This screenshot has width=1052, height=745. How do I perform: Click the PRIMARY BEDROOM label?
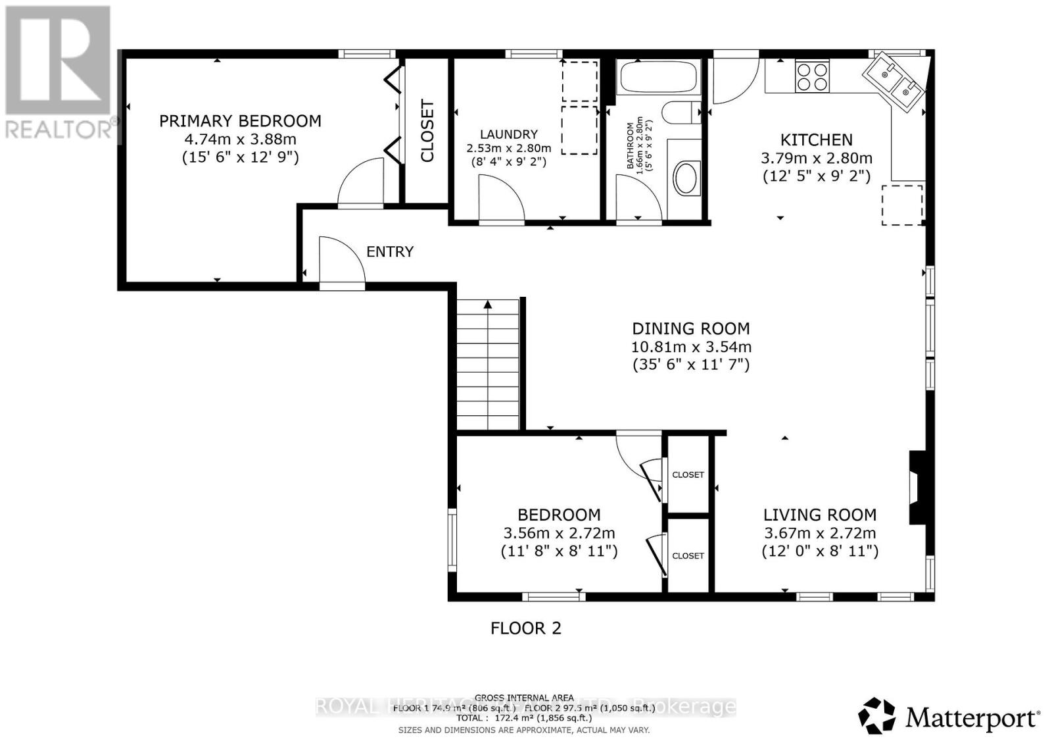(240, 121)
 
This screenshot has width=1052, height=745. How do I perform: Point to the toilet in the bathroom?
(681, 113)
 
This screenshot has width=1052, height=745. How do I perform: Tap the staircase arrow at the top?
(488, 304)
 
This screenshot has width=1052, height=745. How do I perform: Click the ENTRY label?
(390, 251)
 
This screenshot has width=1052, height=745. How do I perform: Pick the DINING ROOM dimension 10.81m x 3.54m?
(691, 347)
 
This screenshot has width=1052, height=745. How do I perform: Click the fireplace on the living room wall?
(917, 488)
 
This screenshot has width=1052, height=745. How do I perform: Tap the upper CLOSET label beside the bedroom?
(688, 475)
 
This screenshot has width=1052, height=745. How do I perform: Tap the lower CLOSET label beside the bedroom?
(688, 556)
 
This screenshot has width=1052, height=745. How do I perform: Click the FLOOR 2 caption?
(526, 629)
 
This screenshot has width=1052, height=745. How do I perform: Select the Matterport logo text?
(972, 717)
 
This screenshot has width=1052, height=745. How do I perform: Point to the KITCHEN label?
(816, 140)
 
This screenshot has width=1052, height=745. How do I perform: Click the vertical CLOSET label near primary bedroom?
(427, 131)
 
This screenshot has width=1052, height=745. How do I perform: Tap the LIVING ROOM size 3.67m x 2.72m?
(819, 534)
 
